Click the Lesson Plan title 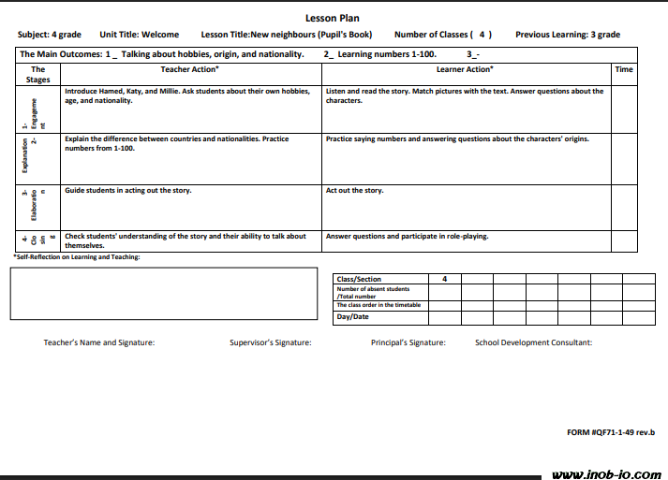pyautogui.click(x=332, y=18)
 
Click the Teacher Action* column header pyautogui.click(x=189, y=69)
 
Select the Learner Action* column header pyautogui.click(x=464, y=69)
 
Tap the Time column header pyautogui.click(x=624, y=69)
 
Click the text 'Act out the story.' pyautogui.click(x=354, y=191)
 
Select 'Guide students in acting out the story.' pyautogui.click(x=127, y=191)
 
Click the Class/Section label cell pyautogui.click(x=360, y=279)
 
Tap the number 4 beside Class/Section pyautogui.click(x=444, y=279)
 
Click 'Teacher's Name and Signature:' pyautogui.click(x=99, y=342)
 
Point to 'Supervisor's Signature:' pyautogui.click(x=270, y=342)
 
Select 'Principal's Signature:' pyautogui.click(x=408, y=342)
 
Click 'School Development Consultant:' pyautogui.click(x=533, y=342)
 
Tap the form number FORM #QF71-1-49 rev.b pyautogui.click(x=611, y=432)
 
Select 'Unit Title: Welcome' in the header pyautogui.click(x=139, y=35)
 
